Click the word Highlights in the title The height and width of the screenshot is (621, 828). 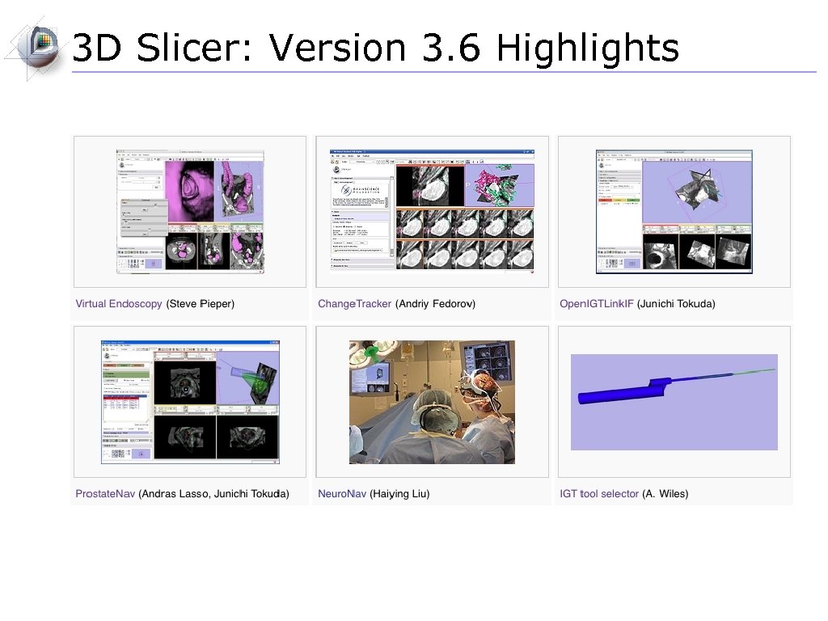(x=587, y=49)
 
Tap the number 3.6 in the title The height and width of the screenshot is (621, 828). (x=451, y=49)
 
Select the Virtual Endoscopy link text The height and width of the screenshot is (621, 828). (x=119, y=304)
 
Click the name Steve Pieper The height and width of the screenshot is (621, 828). (x=200, y=304)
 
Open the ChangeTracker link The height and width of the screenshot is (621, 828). (x=354, y=304)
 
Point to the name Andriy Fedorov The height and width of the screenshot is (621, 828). (x=435, y=304)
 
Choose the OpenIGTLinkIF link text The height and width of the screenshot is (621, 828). (x=596, y=304)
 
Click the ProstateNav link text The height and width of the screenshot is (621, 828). (x=105, y=493)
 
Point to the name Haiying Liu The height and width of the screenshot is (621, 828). (x=399, y=493)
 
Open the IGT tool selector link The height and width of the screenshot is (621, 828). (x=599, y=493)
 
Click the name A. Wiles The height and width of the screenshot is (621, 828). (x=665, y=493)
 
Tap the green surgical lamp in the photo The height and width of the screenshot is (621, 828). (x=374, y=353)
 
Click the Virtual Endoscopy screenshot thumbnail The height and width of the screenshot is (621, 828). (x=190, y=210)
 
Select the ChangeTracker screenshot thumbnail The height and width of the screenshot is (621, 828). (x=432, y=210)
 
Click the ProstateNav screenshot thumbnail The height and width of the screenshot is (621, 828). (x=190, y=402)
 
